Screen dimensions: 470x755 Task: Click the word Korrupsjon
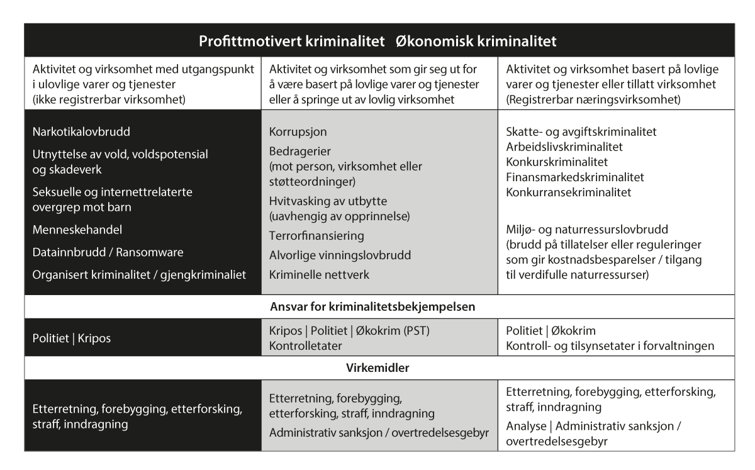298,133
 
